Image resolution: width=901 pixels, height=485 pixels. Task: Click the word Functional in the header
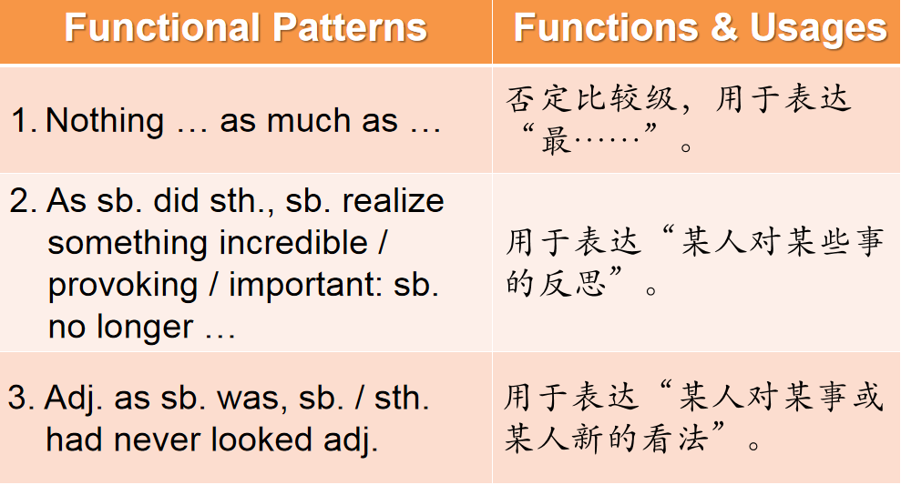161,27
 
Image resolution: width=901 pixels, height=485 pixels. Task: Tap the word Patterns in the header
350,27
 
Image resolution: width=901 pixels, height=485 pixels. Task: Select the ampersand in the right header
724,27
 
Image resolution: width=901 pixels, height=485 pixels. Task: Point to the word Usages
818,30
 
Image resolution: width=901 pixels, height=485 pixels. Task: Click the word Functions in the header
606,27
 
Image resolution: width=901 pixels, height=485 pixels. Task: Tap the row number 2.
23,201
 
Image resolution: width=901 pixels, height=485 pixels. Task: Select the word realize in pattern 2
393,201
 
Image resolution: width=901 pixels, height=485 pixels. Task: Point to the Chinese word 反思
573,283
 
